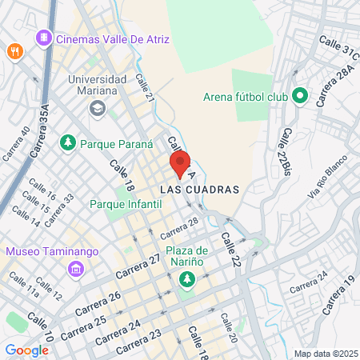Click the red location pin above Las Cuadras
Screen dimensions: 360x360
pyautogui.click(x=180, y=165)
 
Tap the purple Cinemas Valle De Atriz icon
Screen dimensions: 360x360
pyautogui.click(x=43, y=38)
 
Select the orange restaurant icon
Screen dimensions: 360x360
pyautogui.click(x=14, y=51)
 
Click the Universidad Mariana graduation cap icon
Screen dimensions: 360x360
pyautogui.click(x=97, y=108)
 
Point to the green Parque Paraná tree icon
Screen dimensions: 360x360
pyautogui.click(x=69, y=143)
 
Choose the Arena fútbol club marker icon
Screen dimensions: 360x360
pyautogui.click(x=300, y=97)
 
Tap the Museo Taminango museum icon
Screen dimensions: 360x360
pyautogui.click(x=76, y=268)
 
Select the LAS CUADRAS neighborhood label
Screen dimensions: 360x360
pyautogui.click(x=200, y=190)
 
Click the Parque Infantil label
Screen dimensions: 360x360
pyautogui.click(x=126, y=204)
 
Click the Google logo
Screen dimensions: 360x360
pyautogui.click(x=26, y=350)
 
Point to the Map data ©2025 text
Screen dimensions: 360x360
pyautogui.click(x=325, y=354)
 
